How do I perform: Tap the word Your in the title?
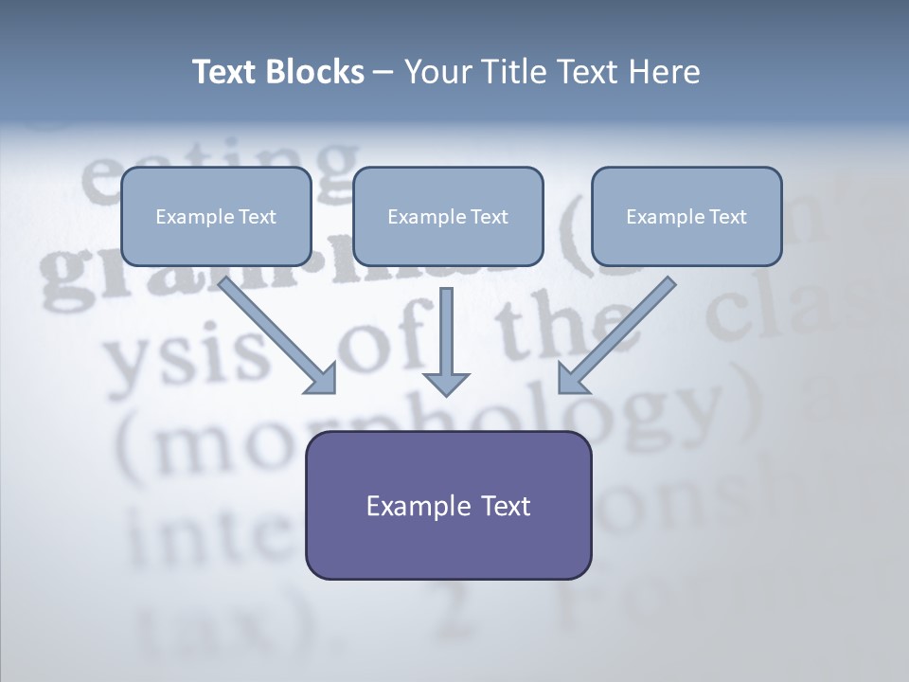coord(433,72)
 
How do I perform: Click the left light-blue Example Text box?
coord(216,217)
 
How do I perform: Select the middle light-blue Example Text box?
coord(448,217)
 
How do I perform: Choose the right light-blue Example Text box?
coord(686,217)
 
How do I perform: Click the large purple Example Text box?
coord(448,505)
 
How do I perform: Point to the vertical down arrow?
coord(446,332)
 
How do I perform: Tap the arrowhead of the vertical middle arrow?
coord(446,383)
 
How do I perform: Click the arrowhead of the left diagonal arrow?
coord(323,379)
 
